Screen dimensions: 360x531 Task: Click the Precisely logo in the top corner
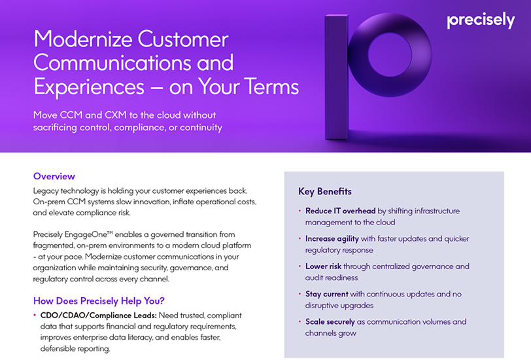(x=481, y=20)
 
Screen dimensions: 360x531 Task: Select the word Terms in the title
(x=271, y=86)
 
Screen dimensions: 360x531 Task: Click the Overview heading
(x=54, y=176)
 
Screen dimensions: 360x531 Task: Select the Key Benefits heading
(x=325, y=192)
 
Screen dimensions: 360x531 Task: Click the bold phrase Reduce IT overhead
(x=340, y=211)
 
